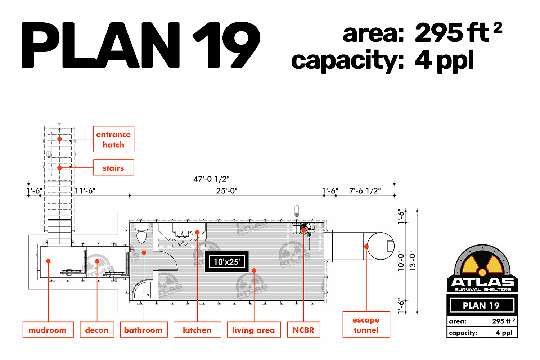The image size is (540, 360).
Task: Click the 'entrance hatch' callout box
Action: click(113, 139)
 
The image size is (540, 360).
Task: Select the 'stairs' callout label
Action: click(113, 168)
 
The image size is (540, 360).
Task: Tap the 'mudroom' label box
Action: click(48, 330)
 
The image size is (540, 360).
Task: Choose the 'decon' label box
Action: click(97, 330)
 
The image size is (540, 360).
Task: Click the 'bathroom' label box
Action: click(144, 330)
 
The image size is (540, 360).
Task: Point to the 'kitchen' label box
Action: click(197, 330)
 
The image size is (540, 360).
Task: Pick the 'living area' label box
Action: click(254, 330)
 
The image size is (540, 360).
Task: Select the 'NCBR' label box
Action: click(303, 330)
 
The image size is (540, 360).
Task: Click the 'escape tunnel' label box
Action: click(366, 325)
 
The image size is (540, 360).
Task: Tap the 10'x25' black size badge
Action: click(227, 262)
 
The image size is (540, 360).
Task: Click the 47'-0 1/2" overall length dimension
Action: click(211, 179)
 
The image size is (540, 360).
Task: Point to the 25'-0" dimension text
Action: click(226, 191)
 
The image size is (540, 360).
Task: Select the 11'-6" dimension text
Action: click(85, 191)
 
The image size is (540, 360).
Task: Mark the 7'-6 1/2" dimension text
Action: click(365, 191)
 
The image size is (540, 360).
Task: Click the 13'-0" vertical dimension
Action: click(413, 261)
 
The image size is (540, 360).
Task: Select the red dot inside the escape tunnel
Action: click(366, 247)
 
